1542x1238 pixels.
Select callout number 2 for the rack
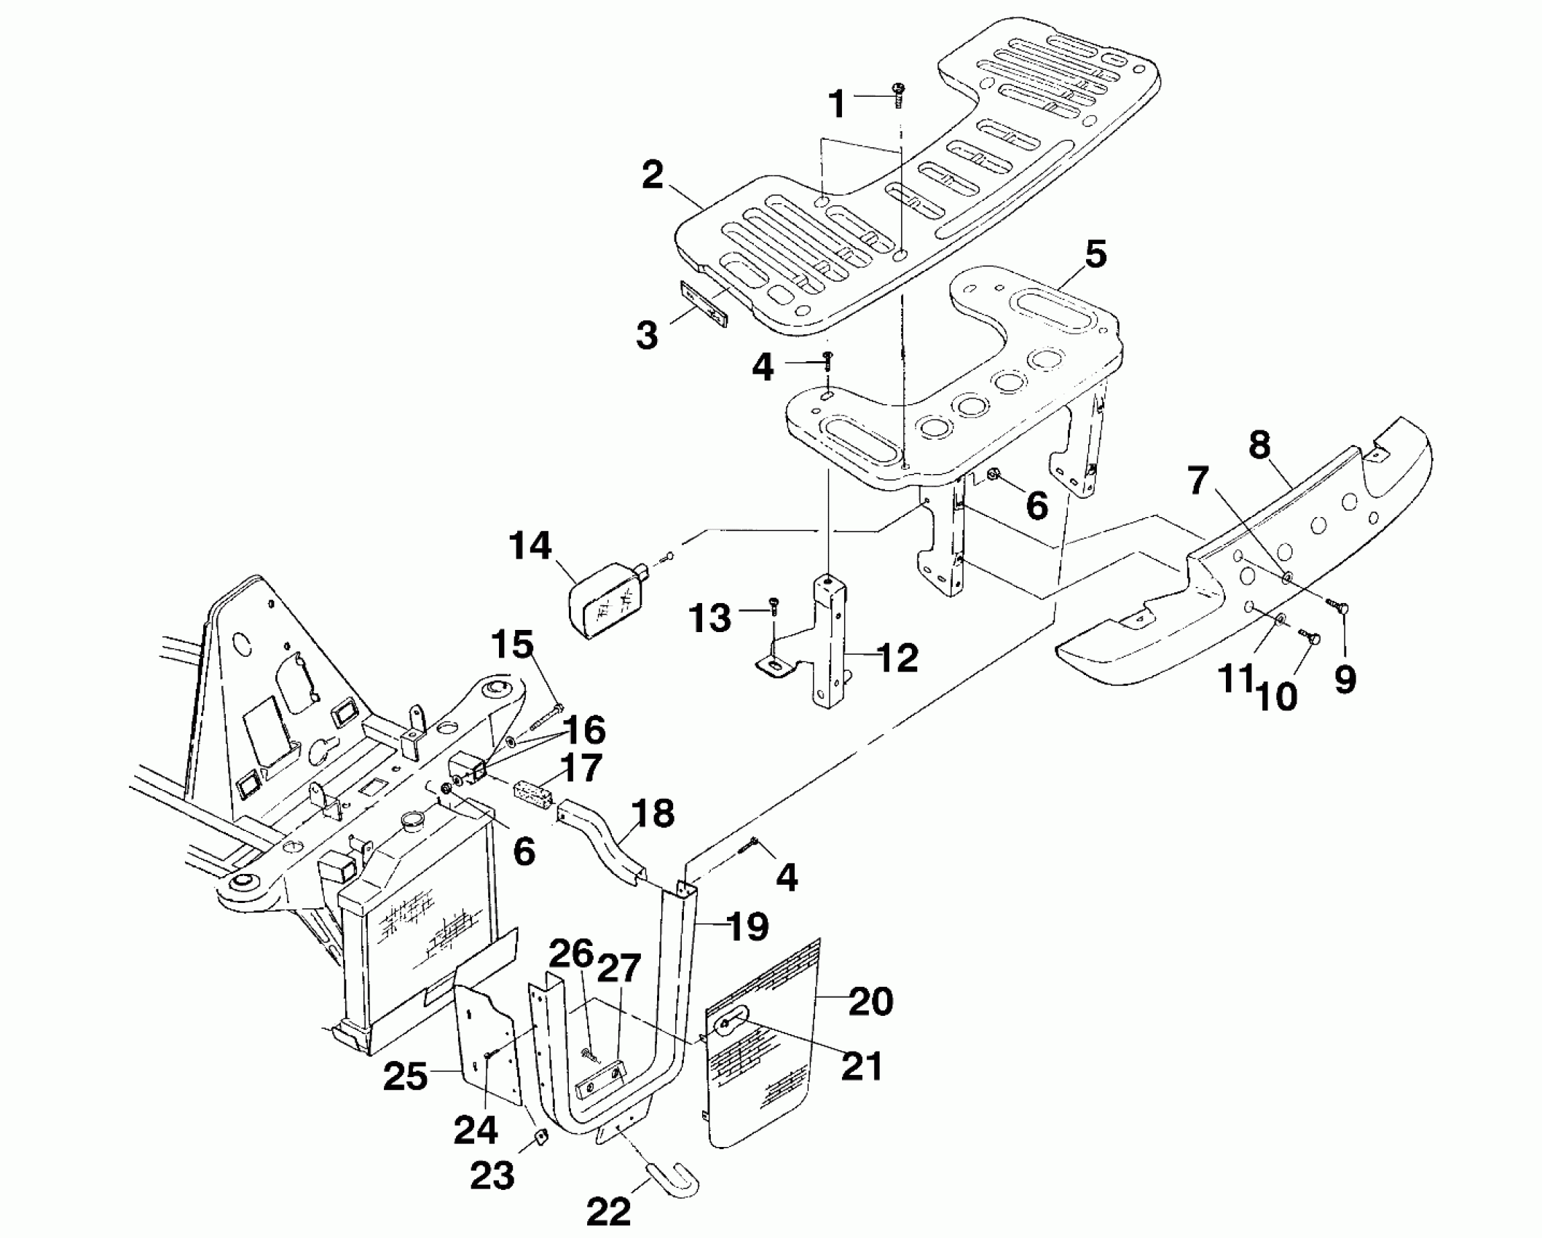[x=652, y=176]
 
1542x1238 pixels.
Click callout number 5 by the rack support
[x=1095, y=255]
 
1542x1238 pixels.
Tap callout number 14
[x=531, y=545]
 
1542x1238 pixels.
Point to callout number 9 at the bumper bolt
[x=1345, y=679]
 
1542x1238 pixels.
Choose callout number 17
[x=582, y=768]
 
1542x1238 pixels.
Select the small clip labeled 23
[x=540, y=1138]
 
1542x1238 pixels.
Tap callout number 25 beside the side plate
[x=406, y=1077]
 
